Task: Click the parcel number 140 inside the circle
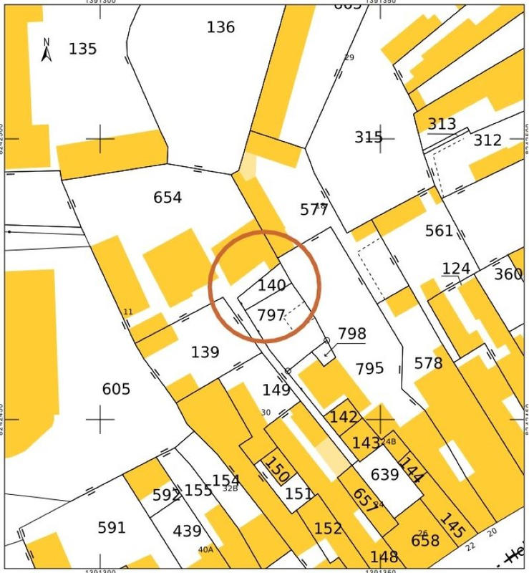pos(272,286)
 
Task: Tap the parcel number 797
pos(271,315)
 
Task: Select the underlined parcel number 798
pos(351,334)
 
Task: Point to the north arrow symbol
pos(47,50)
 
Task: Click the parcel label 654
pos(168,198)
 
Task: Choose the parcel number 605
pos(116,389)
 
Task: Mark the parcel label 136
pos(220,27)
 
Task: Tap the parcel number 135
pos(82,49)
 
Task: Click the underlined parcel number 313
pos(442,124)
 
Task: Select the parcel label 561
pos(439,231)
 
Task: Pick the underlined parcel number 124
pos(456,269)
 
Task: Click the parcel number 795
pos(369,369)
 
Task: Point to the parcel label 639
pos(384,475)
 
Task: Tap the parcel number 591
pos(112,528)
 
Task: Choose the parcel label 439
pos(188,531)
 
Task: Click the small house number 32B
pos(230,488)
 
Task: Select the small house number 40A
pos(205,550)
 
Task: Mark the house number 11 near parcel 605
pos(128,312)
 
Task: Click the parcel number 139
pos(205,353)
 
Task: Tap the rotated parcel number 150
pos(277,470)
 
